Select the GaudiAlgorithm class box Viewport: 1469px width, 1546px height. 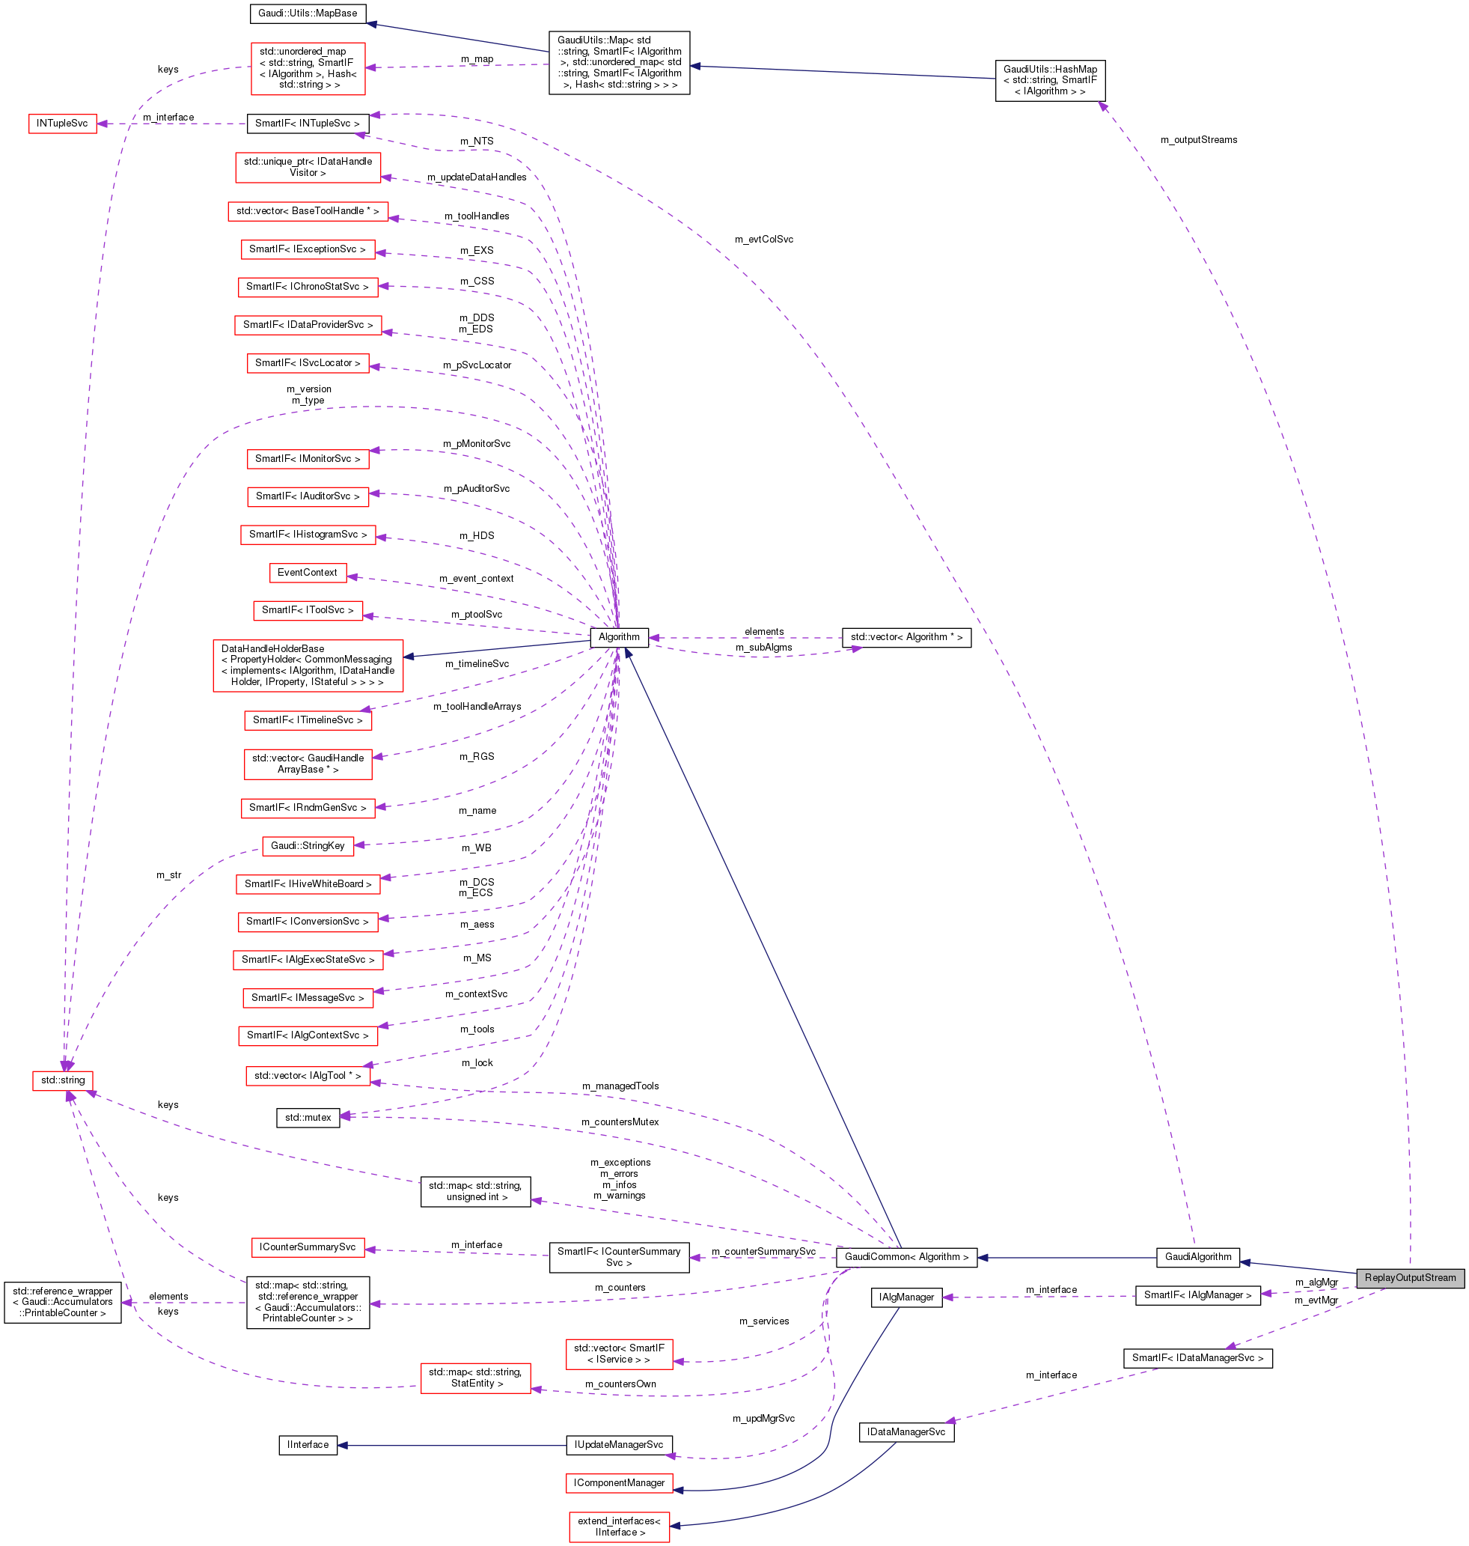pyautogui.click(x=1197, y=1257)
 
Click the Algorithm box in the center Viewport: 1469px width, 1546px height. pyautogui.click(x=619, y=636)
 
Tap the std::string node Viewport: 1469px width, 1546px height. pyautogui.click(x=63, y=1080)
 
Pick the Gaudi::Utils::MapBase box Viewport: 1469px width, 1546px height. pyautogui.click(x=308, y=13)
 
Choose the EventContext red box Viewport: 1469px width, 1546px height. pyautogui.click(x=307, y=573)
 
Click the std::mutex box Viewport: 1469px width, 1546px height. pyautogui.click(x=308, y=1117)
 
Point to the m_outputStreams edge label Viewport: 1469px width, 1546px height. pyautogui.click(x=1198, y=140)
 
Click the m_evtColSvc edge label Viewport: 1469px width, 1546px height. pyautogui.click(x=763, y=240)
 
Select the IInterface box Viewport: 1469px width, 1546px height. pyautogui.click(x=308, y=1444)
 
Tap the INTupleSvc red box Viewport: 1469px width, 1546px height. pyautogui.click(x=63, y=124)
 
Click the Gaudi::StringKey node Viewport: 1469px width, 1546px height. pyautogui.click(x=308, y=845)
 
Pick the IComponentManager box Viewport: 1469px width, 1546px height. pyautogui.click(x=619, y=1482)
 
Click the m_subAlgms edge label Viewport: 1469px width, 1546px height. pyautogui.click(x=763, y=648)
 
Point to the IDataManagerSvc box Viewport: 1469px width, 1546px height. pyautogui.click(x=906, y=1431)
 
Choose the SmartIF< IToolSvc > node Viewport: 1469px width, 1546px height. pyautogui.click(x=308, y=610)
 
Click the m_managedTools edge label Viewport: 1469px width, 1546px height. pyautogui.click(x=620, y=1086)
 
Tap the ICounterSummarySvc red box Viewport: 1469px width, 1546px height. pyautogui.click(x=308, y=1247)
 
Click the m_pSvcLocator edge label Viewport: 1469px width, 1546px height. pyautogui.click(x=477, y=365)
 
